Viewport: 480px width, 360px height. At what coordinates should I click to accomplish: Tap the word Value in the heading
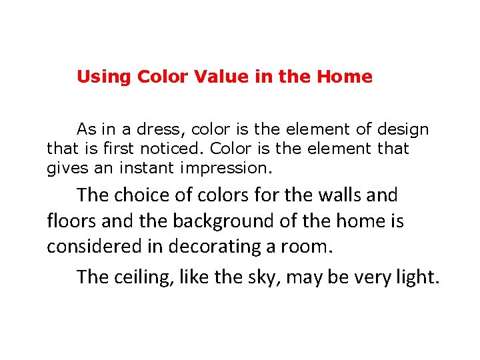tap(221, 77)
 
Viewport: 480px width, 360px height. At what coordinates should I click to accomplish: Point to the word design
tap(403, 129)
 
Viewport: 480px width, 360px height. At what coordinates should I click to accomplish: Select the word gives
tap(64, 168)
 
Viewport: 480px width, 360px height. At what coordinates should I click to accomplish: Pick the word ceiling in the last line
tap(143, 276)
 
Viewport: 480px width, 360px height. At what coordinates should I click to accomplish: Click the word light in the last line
tap(417, 276)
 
